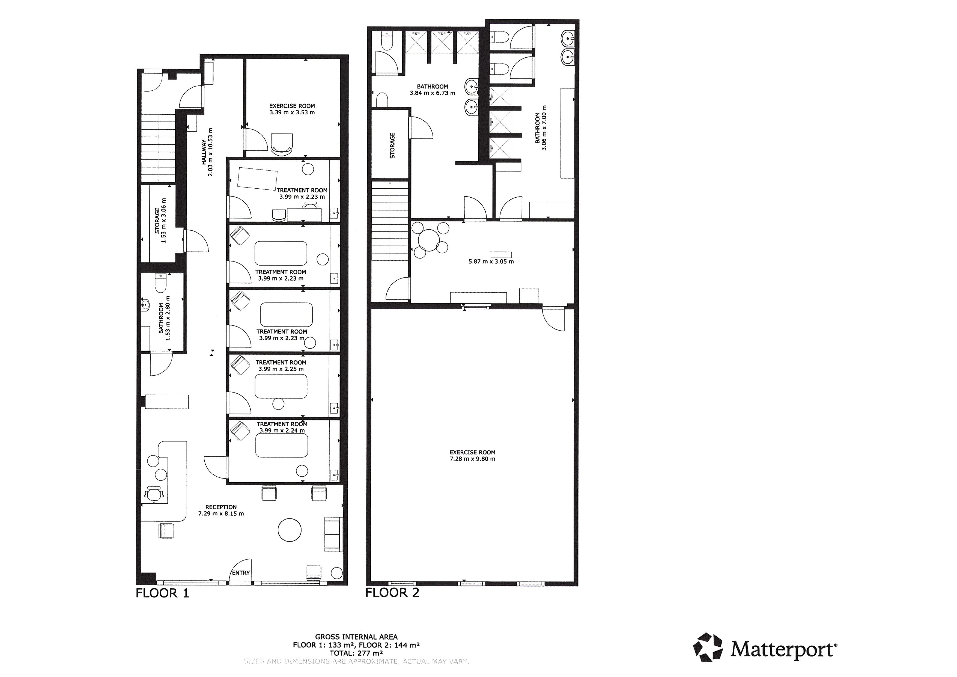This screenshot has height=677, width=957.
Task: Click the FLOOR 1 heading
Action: tap(163, 593)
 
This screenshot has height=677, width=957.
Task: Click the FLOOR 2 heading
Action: tap(392, 592)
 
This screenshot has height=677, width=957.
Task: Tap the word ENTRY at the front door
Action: tap(241, 573)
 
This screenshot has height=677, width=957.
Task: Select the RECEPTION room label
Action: tap(221, 507)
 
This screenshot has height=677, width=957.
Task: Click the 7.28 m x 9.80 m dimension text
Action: tap(473, 459)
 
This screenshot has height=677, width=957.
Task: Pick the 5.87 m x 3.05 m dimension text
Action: tap(491, 262)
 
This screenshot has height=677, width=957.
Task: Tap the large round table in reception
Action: tap(290, 530)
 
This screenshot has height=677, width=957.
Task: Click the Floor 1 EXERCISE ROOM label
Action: tap(292, 106)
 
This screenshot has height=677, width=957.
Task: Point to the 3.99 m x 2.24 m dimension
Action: tap(282, 430)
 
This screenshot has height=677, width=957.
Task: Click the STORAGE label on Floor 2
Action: tap(392, 146)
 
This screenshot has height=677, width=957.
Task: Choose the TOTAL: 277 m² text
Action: tap(356, 653)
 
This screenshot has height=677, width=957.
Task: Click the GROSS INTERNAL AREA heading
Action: tap(356, 637)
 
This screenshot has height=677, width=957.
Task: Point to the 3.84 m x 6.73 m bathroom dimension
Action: tap(433, 93)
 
